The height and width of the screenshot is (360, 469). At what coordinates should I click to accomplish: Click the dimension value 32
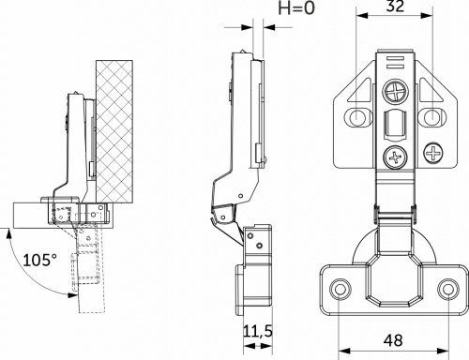394,8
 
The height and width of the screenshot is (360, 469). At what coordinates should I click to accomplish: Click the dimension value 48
393,341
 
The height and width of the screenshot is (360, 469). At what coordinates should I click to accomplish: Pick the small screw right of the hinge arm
435,150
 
